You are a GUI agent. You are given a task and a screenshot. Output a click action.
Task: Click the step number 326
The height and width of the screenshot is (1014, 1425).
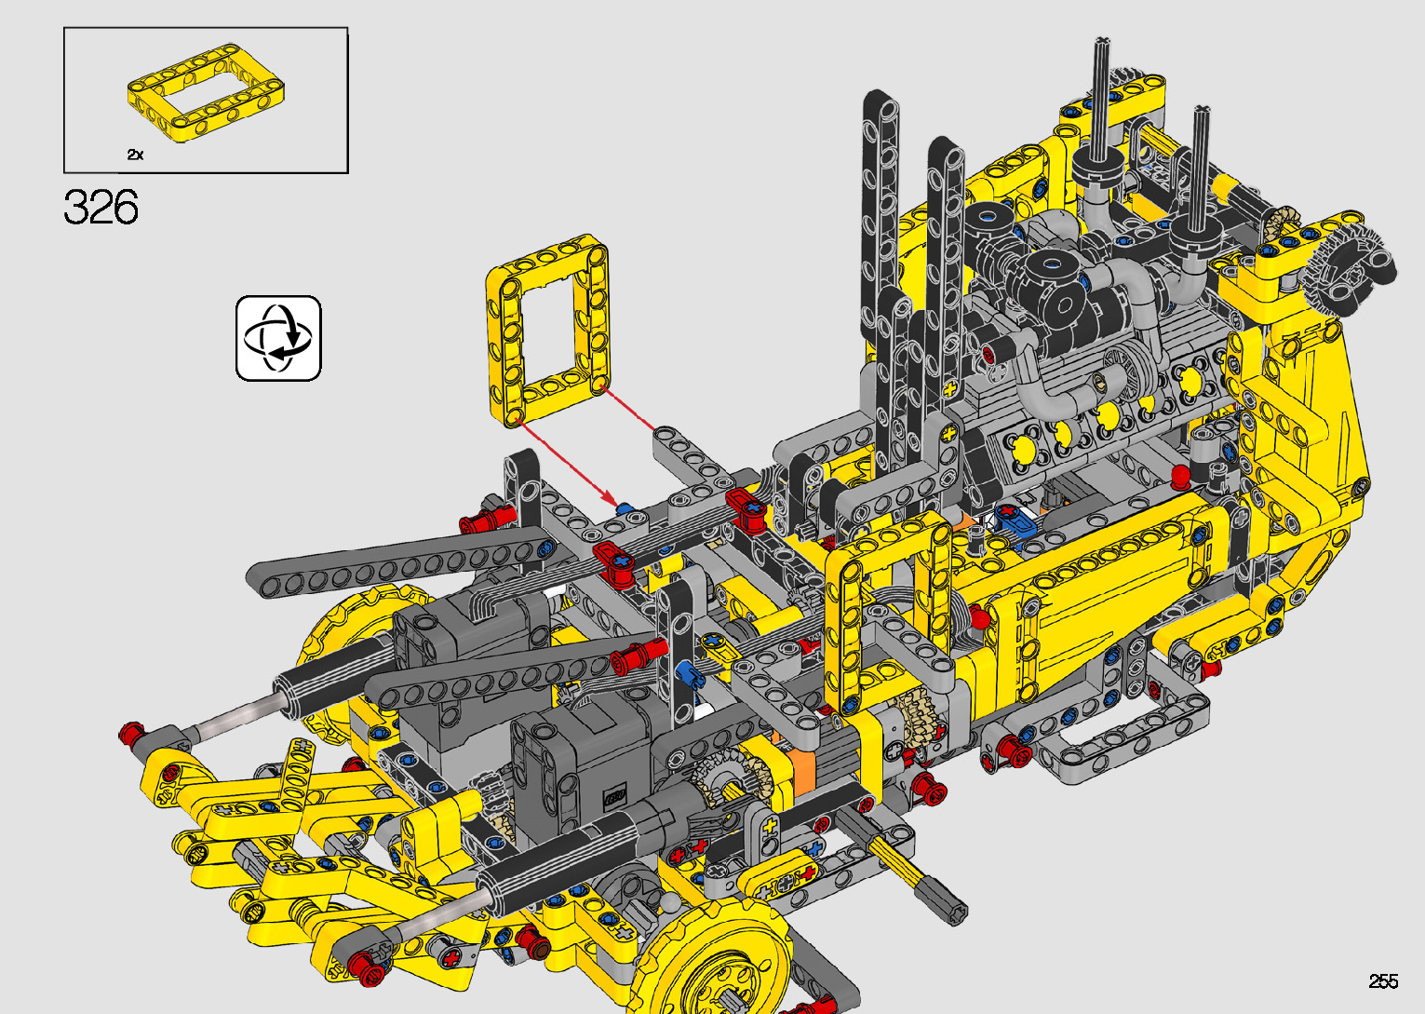pyautogui.click(x=101, y=207)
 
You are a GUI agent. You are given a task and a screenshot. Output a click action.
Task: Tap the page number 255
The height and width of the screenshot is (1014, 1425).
pyautogui.click(x=1384, y=980)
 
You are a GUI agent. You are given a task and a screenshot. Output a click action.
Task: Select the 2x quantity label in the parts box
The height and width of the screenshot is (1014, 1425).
pyautogui.click(x=136, y=155)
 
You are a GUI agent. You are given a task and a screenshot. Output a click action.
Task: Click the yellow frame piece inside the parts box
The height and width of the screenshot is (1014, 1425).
pyautogui.click(x=206, y=91)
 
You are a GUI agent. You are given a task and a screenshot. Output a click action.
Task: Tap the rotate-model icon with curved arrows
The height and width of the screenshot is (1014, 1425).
pyautogui.click(x=278, y=338)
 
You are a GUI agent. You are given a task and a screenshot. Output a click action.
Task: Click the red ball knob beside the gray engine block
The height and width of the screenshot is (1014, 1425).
pyautogui.click(x=1181, y=474)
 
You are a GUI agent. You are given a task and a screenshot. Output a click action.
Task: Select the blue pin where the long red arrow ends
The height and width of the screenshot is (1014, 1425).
pyautogui.click(x=625, y=509)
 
